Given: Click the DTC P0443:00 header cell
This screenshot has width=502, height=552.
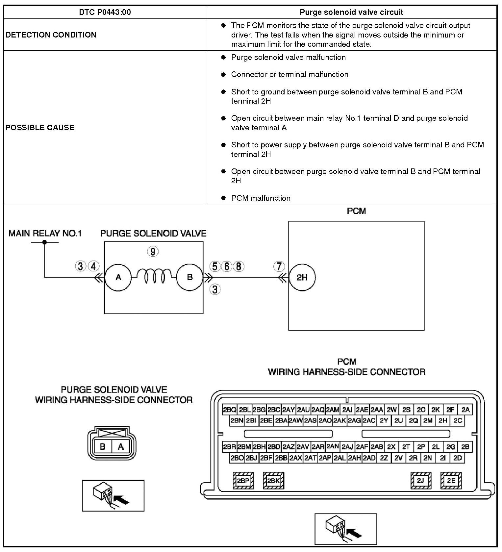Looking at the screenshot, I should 105,12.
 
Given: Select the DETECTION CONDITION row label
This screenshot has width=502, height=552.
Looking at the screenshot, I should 51,35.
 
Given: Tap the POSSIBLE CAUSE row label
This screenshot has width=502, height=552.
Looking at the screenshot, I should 40,128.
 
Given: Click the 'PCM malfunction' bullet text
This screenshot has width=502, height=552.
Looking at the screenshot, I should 261,198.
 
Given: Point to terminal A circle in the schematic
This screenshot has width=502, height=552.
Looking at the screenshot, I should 118,277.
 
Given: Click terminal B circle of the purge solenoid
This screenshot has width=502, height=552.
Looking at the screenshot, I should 189,277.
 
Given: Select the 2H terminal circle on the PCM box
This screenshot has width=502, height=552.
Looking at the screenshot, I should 302,277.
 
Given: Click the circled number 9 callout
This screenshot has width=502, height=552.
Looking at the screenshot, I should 153,252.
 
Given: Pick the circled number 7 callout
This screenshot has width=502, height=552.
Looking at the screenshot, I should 279,266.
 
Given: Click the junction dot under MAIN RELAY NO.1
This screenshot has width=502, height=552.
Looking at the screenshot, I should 45,242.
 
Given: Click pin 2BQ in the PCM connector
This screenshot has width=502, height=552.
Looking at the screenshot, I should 229,410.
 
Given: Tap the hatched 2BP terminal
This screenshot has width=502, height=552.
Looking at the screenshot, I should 243,481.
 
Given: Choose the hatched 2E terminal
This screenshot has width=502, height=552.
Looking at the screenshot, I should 451,481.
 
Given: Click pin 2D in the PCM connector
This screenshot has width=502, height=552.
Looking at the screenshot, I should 458,458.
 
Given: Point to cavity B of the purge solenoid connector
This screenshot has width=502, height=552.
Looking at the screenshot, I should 103,447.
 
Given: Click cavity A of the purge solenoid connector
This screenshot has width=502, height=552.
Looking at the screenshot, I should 121,447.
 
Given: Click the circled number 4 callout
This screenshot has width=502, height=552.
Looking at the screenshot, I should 93,266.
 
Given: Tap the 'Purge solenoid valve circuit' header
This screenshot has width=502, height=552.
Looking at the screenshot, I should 351,12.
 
